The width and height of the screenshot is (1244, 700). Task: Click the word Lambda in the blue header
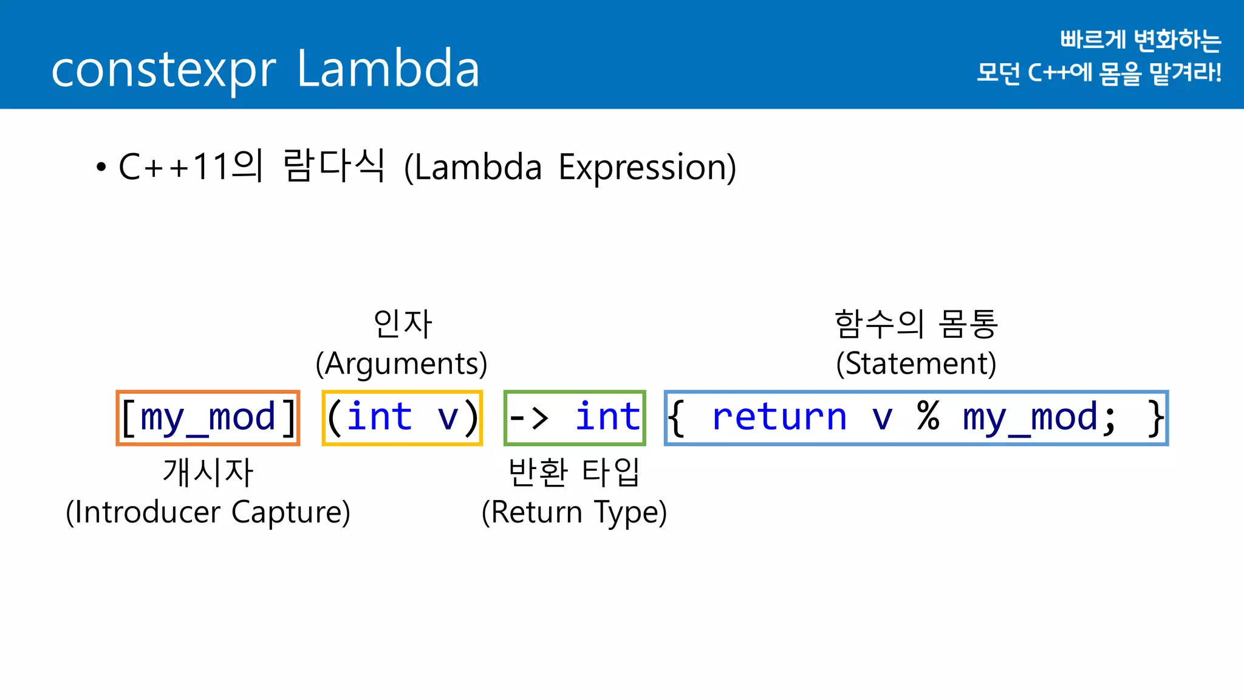click(389, 68)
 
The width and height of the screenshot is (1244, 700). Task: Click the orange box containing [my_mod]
click(208, 418)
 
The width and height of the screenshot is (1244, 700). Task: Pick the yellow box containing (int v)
click(402, 418)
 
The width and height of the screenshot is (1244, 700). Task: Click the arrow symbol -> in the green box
click(528, 418)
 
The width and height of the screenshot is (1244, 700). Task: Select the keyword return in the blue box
click(779, 417)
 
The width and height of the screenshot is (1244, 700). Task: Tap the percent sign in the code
click(928, 417)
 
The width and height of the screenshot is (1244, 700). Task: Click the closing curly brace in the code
click(1155, 418)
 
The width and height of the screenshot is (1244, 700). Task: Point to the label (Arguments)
click(402, 363)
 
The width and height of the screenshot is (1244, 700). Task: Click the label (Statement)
click(916, 363)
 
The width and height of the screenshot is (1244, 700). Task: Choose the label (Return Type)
click(574, 512)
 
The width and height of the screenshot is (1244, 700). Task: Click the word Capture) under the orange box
click(291, 512)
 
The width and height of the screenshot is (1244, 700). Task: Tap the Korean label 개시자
click(208, 472)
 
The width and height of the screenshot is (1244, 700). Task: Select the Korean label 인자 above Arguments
click(402, 323)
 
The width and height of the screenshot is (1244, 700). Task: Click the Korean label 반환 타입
click(574, 472)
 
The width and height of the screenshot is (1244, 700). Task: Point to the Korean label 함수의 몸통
click(916, 323)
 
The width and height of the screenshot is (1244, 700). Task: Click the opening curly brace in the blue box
click(677, 418)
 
